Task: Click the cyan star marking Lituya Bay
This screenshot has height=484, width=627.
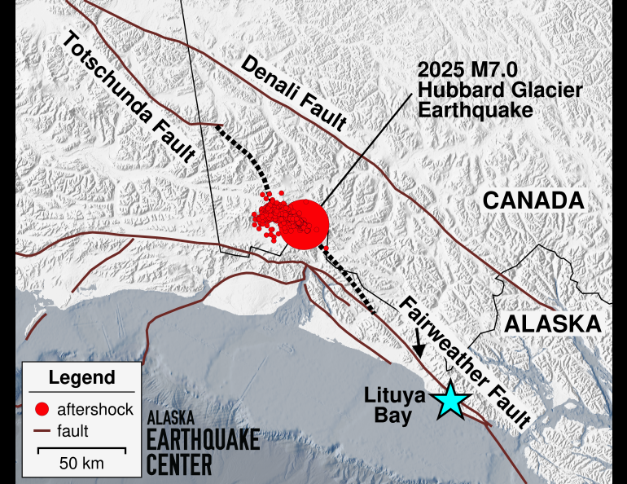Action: point(449,401)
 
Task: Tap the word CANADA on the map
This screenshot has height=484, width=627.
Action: point(533,200)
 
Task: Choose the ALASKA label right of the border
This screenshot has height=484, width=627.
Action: point(553,323)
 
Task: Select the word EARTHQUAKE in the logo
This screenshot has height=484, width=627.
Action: point(204,441)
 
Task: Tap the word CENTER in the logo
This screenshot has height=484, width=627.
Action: point(179,464)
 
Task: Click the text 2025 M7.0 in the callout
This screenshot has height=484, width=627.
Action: point(459,70)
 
